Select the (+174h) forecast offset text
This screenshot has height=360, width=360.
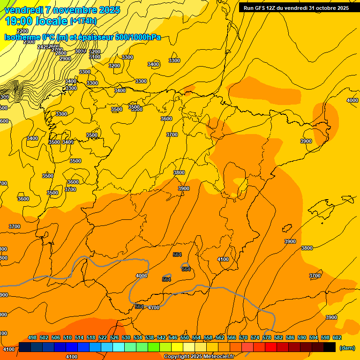coord(83,21)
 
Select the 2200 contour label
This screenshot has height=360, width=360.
coord(22,31)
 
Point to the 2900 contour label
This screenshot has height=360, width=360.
coord(65,59)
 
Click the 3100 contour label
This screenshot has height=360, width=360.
coord(95,57)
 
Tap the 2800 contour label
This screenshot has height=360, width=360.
coord(61,53)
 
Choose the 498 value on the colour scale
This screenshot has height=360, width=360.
coord(32,337)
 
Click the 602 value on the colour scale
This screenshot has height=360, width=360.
coord(337,337)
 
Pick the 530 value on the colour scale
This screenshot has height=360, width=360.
coord(126,337)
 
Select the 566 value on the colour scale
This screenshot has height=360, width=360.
coord(232,337)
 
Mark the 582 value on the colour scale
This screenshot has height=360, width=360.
coord(278,337)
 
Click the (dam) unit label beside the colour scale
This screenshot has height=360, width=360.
coord(347,347)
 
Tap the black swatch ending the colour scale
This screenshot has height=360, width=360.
coord(329,347)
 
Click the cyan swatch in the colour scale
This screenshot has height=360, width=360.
coord(119,347)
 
